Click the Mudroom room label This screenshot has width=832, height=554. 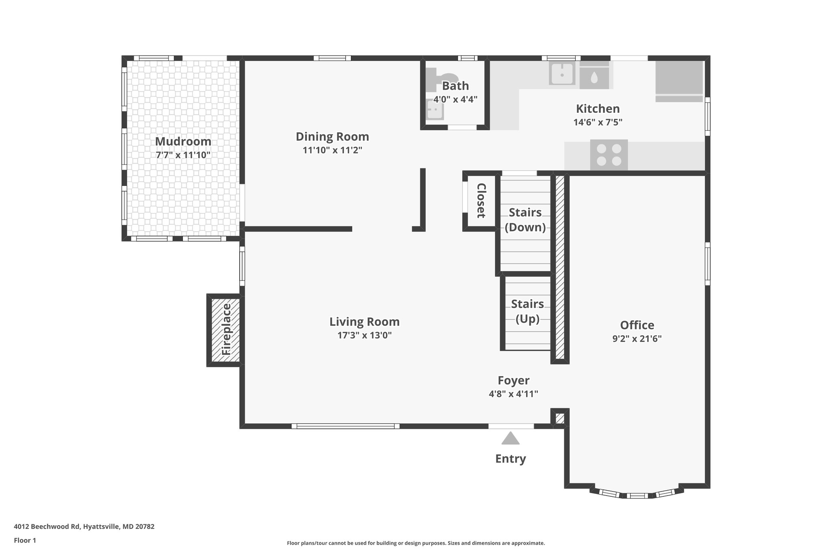pos(183,141)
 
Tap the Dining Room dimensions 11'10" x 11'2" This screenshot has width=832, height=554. pos(332,150)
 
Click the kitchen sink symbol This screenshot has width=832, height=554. pos(562,73)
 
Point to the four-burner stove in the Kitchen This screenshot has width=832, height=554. pos(609,155)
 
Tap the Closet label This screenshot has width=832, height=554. pos(481,200)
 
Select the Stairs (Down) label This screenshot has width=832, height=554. pos(525,220)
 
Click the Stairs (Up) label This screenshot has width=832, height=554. pos(527,311)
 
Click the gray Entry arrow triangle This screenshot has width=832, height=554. pos(510,438)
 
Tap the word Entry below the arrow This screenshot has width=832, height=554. pos(510,459)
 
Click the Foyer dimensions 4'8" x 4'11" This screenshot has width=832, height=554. pos(513,394)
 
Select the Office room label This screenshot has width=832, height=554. pos(637,325)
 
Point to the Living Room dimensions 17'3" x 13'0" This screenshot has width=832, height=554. pos(364,335)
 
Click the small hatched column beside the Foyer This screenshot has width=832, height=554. pos(559,418)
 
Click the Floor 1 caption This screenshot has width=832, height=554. pos(25,540)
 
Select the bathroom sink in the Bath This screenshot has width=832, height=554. pos(435,110)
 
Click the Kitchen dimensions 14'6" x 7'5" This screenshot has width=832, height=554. pos(598,122)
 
